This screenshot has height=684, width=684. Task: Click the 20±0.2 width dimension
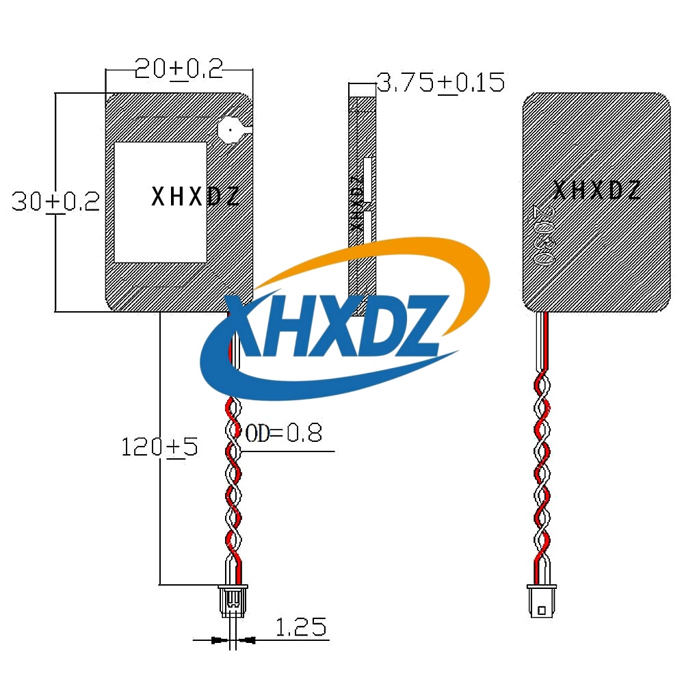pyautogui.click(x=179, y=69)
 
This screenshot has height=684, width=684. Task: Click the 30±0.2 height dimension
pyautogui.click(x=56, y=201)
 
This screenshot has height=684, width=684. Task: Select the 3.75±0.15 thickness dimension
pyautogui.click(x=440, y=83)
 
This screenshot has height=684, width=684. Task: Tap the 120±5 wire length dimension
pyautogui.click(x=159, y=447)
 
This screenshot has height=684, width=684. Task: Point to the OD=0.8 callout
pyautogui.click(x=284, y=433)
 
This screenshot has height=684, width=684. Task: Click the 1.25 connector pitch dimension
pyautogui.click(x=301, y=627)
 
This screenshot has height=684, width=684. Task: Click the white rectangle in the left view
pyautogui.click(x=160, y=202)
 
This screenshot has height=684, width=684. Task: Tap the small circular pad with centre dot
pyautogui.click(x=231, y=129)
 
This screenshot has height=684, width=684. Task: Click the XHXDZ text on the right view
pyautogui.click(x=596, y=190)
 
